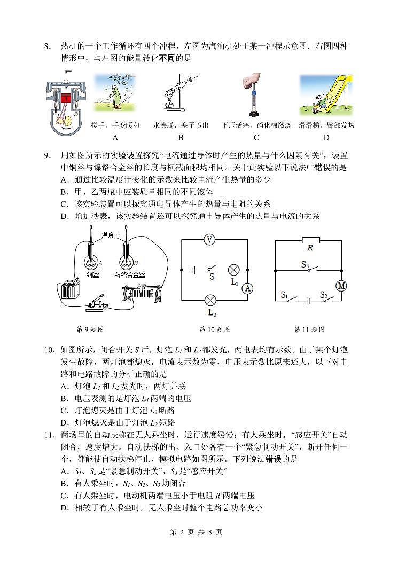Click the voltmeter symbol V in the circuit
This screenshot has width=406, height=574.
coord(210,240)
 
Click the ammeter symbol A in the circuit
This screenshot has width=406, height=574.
coord(247,288)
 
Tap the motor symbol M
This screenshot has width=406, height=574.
coord(341,286)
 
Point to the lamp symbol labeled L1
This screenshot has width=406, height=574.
coord(233,270)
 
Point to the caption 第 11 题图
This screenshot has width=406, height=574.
coord(309,329)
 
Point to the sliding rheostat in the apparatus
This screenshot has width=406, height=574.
coord(144,295)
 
